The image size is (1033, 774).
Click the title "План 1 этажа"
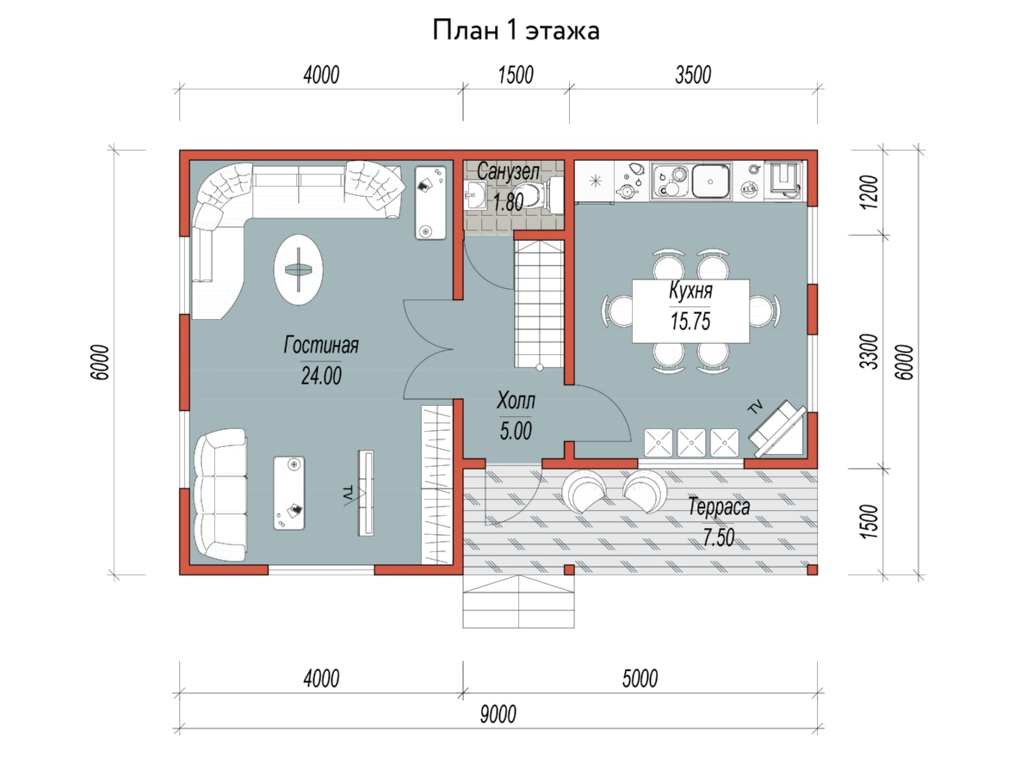[516, 31]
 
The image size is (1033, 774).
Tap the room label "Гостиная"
[321, 345]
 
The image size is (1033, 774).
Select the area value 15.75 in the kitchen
[690, 322]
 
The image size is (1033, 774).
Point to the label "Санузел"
[508, 171]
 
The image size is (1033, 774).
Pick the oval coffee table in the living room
[299, 270]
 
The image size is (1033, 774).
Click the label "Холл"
[516, 401]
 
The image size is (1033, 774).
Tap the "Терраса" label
[719, 507]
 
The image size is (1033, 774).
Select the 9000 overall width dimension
[498, 715]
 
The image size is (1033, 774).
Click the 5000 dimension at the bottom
[640, 679]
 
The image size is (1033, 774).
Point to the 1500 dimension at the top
[516, 75]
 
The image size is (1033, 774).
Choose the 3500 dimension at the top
[693, 75]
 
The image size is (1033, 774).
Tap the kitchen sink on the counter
[711, 181]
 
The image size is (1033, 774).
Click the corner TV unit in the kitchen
[777, 428]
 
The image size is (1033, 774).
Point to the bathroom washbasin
[476, 194]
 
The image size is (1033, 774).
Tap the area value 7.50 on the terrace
[719, 537]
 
